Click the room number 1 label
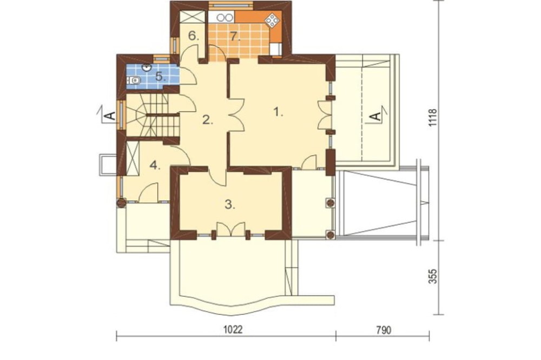(x=278, y=112)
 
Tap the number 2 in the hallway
(x=207, y=121)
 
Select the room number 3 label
(x=230, y=205)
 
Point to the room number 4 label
(x=155, y=165)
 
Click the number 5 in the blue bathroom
(x=160, y=76)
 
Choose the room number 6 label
(x=194, y=36)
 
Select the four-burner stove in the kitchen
(x=272, y=21)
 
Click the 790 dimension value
(x=384, y=330)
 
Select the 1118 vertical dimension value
(x=433, y=118)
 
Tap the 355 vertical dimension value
(x=433, y=277)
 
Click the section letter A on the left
(x=110, y=116)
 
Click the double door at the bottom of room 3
(x=230, y=230)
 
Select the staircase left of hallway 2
(x=152, y=115)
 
